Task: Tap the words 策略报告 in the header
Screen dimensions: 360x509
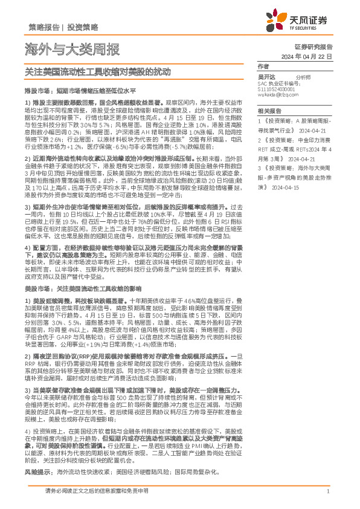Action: click(x=43, y=28)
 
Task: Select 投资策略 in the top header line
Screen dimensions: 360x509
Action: click(x=83, y=28)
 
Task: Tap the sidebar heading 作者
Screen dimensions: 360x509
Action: click(x=263, y=67)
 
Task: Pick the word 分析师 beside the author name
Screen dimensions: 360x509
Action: click(x=304, y=78)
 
